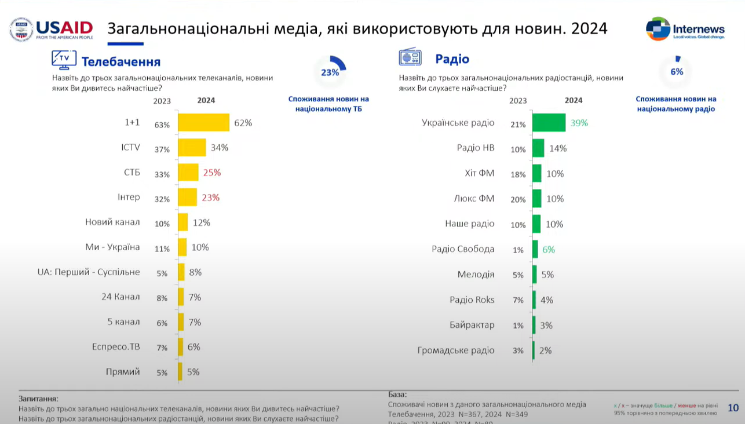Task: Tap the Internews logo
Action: tap(685, 29)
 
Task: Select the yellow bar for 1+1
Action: tap(203, 123)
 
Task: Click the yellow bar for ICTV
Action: tap(192, 148)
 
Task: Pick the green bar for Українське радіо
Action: tap(549, 123)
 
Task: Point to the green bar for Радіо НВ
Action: tap(538, 148)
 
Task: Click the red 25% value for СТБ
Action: tap(211, 173)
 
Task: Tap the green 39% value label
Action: tap(579, 123)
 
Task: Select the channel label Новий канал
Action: tap(112, 222)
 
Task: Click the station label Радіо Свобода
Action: tap(463, 249)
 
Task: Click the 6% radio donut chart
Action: tap(677, 71)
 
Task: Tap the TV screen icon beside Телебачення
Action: tap(64, 59)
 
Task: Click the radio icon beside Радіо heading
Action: tap(410, 58)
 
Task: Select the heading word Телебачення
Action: tap(121, 62)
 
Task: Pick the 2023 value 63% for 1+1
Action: tap(162, 125)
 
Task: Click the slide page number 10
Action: tap(733, 408)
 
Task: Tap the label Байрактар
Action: tap(472, 325)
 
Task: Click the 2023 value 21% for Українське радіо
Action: tap(518, 125)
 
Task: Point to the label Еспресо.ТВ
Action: tap(116, 347)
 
